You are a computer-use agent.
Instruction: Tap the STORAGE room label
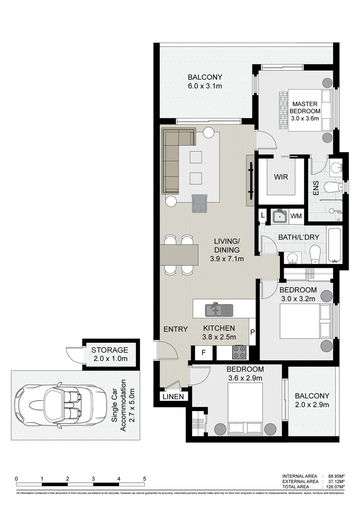click(110, 350)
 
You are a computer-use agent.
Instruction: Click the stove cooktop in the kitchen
click(239, 352)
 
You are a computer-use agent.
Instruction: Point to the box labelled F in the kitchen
click(204, 353)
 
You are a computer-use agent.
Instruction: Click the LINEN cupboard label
click(173, 397)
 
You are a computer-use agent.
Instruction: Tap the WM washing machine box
click(296, 216)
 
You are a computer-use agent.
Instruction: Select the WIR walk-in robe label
click(281, 177)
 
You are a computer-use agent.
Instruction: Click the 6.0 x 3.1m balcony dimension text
click(205, 86)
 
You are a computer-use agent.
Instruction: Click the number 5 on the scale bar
click(144, 478)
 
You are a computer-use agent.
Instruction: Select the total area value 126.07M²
click(333, 486)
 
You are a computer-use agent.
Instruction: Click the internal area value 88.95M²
click(334, 476)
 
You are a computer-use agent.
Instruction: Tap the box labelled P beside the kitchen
click(252, 332)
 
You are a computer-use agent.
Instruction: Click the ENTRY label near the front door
click(175, 329)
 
